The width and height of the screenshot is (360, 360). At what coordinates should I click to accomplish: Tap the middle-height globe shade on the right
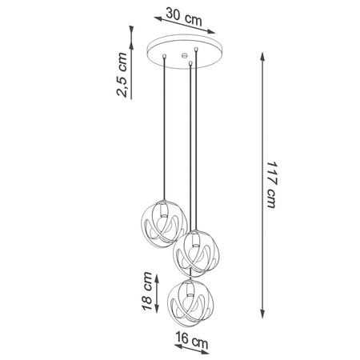click(196, 252)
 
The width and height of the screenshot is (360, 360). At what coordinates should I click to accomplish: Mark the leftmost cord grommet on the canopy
click(165, 56)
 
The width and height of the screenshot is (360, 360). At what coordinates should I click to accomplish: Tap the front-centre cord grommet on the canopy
click(190, 62)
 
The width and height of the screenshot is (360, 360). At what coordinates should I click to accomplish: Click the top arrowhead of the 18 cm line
click(159, 272)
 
